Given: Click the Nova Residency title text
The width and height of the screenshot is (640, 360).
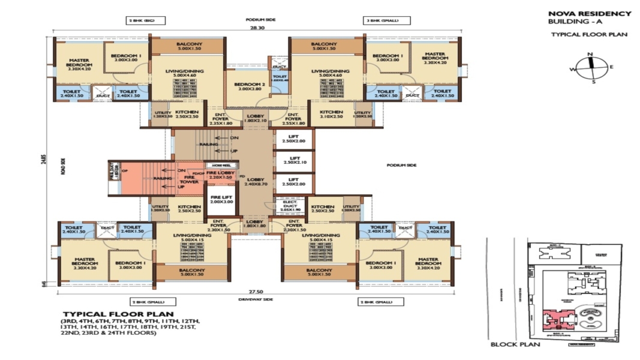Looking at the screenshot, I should click(x=589, y=13).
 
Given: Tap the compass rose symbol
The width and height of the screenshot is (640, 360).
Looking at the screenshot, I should click(x=590, y=67).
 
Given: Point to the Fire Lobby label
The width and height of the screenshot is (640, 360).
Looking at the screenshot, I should click(x=221, y=175).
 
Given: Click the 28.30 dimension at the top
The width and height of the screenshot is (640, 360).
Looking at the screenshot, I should click(x=256, y=28).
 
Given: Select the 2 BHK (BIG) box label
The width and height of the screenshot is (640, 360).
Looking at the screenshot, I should click(x=142, y=20).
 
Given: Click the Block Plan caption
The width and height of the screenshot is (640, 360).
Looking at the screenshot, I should click(x=515, y=345).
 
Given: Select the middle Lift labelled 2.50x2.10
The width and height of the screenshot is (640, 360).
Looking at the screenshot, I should click(x=293, y=160).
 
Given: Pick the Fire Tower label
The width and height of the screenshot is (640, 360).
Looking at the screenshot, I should click(x=191, y=179).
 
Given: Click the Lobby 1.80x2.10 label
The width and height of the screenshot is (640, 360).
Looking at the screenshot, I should click(x=253, y=119).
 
